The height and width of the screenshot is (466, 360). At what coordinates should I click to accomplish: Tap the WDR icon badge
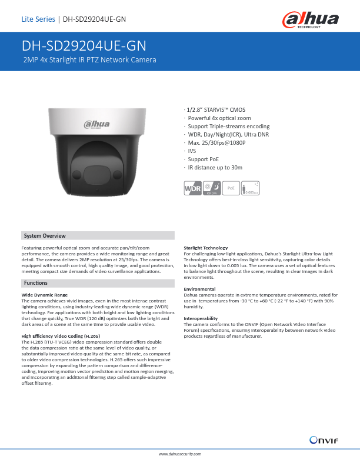[x=193, y=189]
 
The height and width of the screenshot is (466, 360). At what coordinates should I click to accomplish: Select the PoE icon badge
[x=231, y=188]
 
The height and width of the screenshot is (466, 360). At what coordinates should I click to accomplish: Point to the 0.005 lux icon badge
[x=251, y=189]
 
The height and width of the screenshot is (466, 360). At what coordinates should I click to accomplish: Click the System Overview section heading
[x=45, y=235]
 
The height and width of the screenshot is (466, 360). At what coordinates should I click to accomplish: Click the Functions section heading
[x=36, y=283]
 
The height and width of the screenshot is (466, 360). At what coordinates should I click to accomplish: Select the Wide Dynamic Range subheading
[x=44, y=294]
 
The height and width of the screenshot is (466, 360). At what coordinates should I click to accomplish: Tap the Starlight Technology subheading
[x=206, y=248]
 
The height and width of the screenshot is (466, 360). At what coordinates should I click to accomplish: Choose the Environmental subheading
[x=199, y=288]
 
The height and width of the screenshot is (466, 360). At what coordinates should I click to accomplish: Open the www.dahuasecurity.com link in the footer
[x=181, y=455]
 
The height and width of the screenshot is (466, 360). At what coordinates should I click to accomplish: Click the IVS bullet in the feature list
[x=192, y=151]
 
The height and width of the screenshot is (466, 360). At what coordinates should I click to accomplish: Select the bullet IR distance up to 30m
[x=215, y=168]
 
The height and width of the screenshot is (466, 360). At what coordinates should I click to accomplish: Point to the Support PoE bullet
[x=202, y=159]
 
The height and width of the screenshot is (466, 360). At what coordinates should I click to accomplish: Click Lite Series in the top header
[x=38, y=19]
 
